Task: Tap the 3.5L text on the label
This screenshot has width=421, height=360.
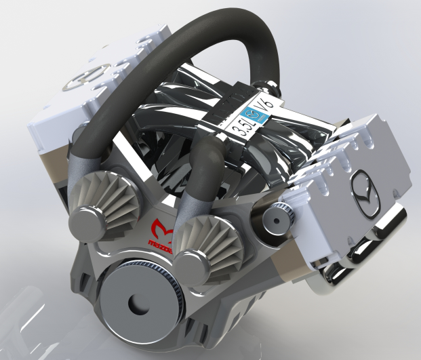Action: click(239, 125)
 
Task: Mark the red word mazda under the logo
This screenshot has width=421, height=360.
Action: click(161, 243)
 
